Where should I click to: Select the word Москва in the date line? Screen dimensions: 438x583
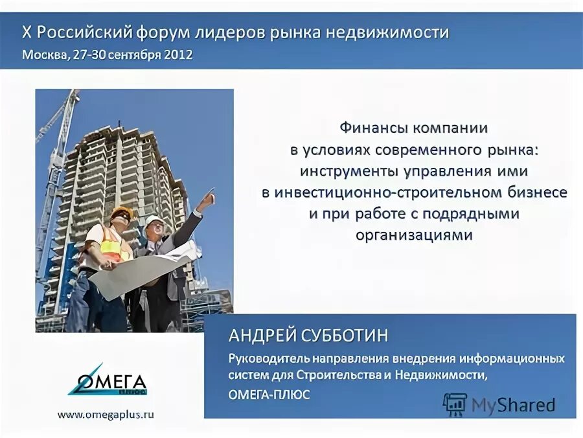[43, 54]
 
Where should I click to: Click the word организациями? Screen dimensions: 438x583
[415, 235]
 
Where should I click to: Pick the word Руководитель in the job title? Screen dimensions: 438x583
[268, 358]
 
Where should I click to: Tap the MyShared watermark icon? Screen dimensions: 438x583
[455, 404]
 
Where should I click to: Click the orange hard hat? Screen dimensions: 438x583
[122, 212]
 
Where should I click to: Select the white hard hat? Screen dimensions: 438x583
[154, 220]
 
